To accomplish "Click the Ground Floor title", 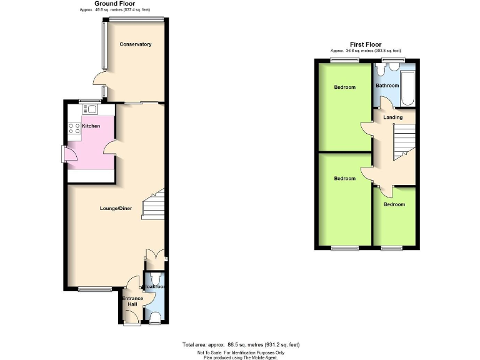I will [114, 4].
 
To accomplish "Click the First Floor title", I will [366, 44].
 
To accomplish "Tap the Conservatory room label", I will [136, 44].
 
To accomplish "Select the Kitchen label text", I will [91, 126].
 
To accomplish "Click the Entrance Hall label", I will [132, 302].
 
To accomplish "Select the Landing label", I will [392, 117].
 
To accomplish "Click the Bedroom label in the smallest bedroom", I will [394, 204].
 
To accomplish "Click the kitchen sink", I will [92, 110].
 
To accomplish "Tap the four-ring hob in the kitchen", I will [73, 129].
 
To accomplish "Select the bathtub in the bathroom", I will [409, 87].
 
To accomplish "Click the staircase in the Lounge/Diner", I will [154, 206].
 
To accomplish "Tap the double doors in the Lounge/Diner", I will [154, 255].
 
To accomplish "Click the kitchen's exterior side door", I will [64, 154].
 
